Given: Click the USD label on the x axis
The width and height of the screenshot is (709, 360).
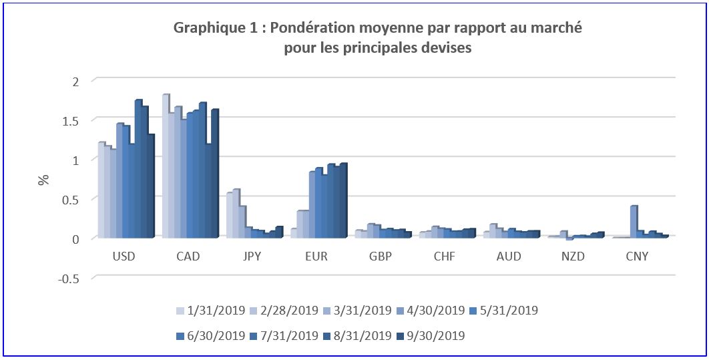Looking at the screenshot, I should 125,257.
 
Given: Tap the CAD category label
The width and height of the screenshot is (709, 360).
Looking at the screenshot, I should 189,257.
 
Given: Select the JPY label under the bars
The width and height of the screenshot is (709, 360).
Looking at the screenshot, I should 253,257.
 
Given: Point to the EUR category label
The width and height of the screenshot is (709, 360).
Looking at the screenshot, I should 317,257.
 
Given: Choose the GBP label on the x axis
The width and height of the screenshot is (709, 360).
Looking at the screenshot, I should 381,257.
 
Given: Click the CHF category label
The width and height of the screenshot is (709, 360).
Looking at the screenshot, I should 445,257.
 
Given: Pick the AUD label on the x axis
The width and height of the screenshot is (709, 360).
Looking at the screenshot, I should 509,257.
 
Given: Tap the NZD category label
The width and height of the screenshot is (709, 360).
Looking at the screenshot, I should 573,257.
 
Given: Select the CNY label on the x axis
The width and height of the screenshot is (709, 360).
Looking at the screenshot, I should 638,257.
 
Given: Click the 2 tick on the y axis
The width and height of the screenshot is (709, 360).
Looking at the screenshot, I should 75,81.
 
